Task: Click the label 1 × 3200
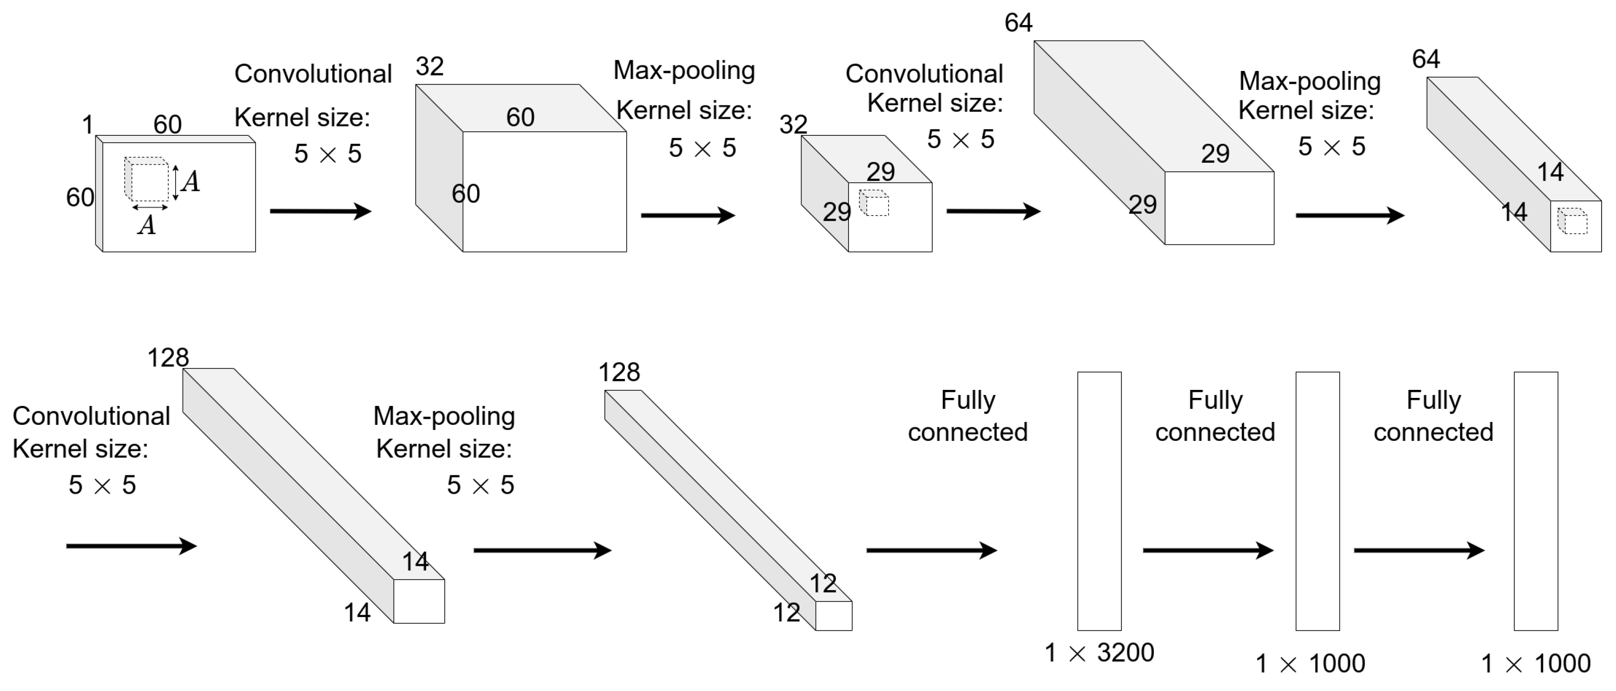pos(1098,653)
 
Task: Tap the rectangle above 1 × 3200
pos(1099,500)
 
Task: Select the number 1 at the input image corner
pos(87,124)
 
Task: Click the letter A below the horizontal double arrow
pos(147,225)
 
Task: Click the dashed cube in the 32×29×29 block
pos(874,203)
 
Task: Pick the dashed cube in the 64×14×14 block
pos(1572,221)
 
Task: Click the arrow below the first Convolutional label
pos(320,211)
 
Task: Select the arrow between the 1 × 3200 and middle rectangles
pos(1208,550)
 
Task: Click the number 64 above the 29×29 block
pos(1018,23)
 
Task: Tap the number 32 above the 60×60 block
pos(430,66)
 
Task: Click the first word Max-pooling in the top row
pos(684,70)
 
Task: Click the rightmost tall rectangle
pos(1535,500)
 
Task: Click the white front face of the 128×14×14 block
pos(419,601)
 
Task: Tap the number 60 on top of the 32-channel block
pos(520,117)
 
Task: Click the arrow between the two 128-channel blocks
pos(542,550)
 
